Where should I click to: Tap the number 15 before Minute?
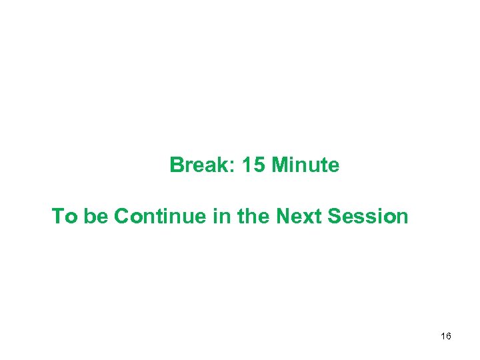click(253, 165)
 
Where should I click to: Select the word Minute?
click(305, 165)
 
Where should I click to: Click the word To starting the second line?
click(65, 217)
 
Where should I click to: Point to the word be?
click(96, 217)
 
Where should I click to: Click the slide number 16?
click(446, 337)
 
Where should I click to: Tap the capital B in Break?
click(177, 165)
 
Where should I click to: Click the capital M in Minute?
click(280, 165)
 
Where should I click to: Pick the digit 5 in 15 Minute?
click(259, 165)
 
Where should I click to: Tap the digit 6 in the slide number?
click(449, 337)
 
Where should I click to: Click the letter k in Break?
click(223, 165)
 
